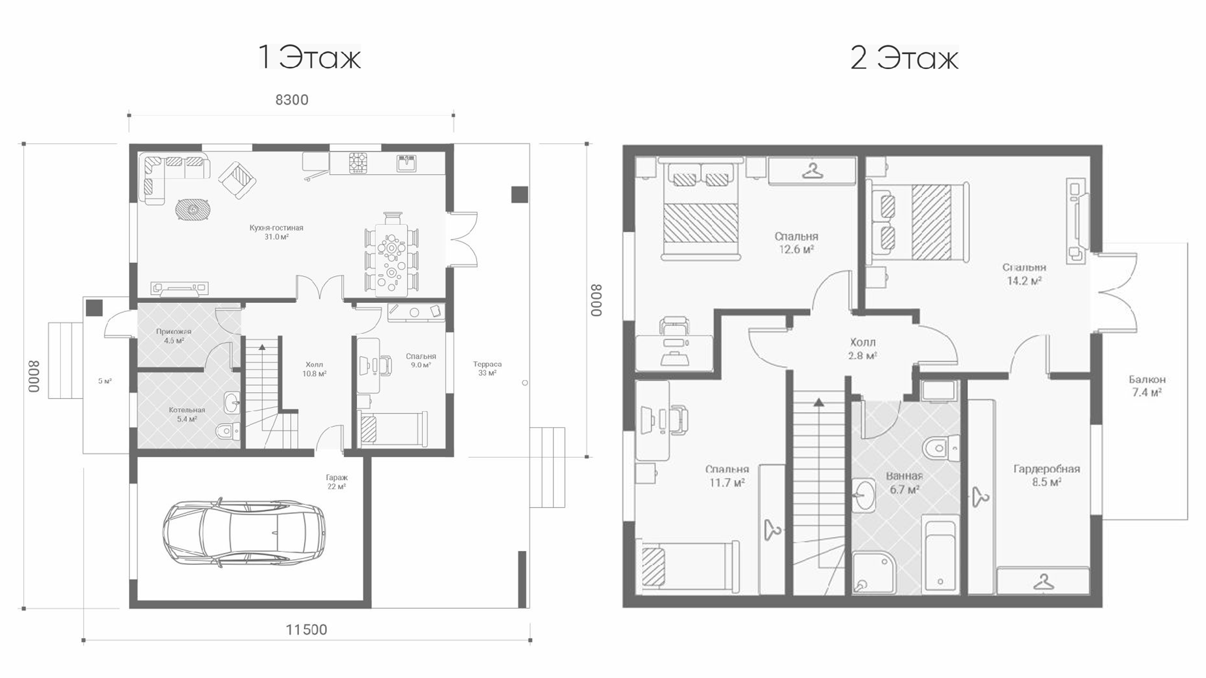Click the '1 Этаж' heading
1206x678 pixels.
tap(310, 58)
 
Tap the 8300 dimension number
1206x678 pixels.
tap(292, 100)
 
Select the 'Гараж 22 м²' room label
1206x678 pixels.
tap(337, 482)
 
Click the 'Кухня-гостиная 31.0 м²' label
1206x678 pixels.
tap(276, 232)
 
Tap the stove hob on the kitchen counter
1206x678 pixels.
tap(358, 163)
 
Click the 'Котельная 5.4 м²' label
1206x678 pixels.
tap(187, 414)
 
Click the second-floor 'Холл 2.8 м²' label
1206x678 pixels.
tap(862, 349)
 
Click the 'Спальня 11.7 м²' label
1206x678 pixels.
tap(727, 475)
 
